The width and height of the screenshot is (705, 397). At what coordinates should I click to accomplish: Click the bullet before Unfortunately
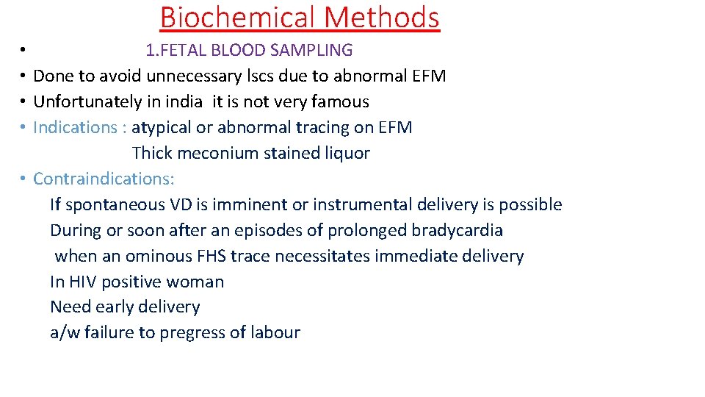pos(23,102)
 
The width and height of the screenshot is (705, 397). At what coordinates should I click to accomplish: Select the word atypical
pos(161,127)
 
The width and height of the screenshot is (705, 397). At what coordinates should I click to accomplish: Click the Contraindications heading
pos(104,179)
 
